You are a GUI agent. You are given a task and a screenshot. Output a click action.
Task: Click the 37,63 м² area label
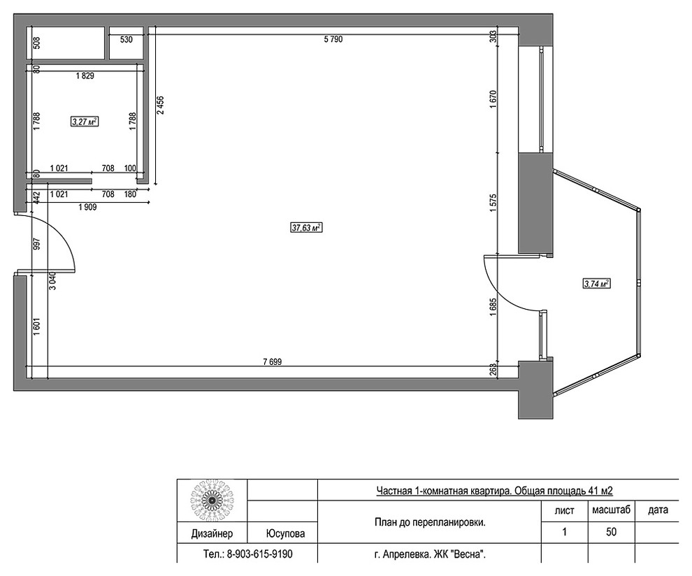[305, 228]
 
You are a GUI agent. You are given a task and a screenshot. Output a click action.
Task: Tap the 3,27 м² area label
[85, 122]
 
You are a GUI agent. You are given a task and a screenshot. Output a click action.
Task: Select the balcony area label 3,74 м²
[597, 284]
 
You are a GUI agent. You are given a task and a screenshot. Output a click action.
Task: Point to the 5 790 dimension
[333, 39]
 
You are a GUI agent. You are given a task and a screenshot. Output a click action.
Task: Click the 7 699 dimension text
[273, 362]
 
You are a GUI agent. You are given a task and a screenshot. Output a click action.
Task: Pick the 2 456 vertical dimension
[160, 105]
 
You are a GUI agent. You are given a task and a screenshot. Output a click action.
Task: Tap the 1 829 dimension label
[85, 76]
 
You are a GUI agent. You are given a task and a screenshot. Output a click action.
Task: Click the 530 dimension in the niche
[127, 40]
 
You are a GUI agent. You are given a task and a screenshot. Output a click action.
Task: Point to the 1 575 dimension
[493, 203]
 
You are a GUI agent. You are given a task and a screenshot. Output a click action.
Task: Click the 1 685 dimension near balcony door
[493, 308]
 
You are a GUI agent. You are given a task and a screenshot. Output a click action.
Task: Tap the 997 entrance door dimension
[36, 244]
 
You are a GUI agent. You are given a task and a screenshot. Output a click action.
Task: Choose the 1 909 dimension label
[87, 207]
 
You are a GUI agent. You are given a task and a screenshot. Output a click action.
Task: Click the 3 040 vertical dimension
[52, 280]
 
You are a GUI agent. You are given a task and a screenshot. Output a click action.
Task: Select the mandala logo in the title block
[212, 501]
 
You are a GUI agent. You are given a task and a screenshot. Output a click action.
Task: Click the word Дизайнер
[212, 533]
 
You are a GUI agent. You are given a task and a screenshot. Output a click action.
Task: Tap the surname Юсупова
[285, 533]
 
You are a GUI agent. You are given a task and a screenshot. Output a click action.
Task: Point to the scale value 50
[611, 532]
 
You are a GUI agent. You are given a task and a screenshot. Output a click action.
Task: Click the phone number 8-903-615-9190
[259, 554]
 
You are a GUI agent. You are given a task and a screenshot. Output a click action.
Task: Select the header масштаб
[611, 510]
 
